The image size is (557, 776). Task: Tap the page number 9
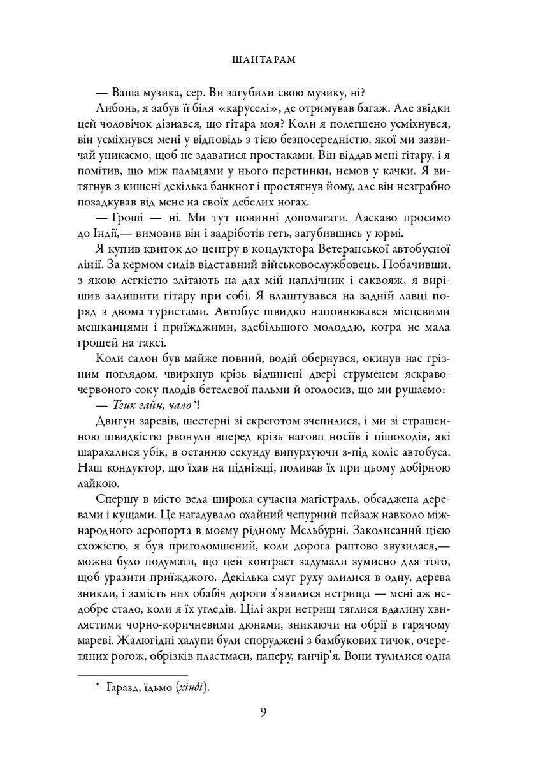[x=263, y=712]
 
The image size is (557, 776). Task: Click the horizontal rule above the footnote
[x=132, y=675]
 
